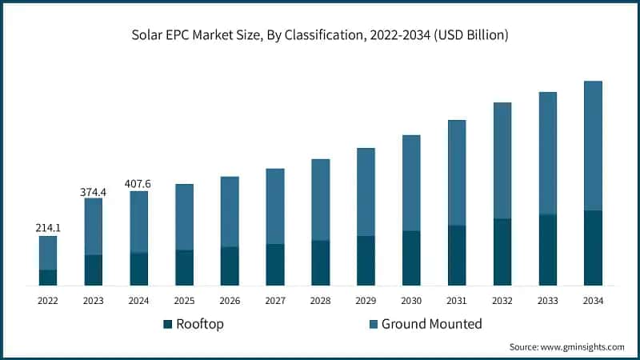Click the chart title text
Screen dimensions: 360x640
[x=320, y=36]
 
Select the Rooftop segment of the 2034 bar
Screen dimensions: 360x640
[x=593, y=248]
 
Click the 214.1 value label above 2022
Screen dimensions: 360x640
[x=48, y=228]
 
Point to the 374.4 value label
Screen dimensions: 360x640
[x=94, y=191]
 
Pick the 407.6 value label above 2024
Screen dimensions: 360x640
[x=138, y=184]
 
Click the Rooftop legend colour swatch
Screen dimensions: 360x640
[x=167, y=324]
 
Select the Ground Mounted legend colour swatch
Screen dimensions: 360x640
[x=373, y=324]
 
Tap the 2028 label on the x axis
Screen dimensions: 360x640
[x=320, y=300]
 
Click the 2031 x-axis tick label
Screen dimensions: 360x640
[x=457, y=300]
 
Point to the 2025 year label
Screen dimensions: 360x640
[x=184, y=300]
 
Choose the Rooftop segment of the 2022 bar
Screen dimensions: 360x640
[x=48, y=278]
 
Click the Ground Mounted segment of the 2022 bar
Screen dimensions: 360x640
[x=48, y=253]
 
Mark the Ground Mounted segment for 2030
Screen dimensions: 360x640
[x=411, y=182]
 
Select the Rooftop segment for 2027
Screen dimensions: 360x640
[x=275, y=265]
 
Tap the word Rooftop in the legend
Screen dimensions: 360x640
[x=200, y=324]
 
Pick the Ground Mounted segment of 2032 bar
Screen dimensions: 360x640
[x=502, y=160]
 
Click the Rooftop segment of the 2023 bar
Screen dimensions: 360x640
[x=94, y=270]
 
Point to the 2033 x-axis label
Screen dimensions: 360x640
[x=548, y=300]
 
